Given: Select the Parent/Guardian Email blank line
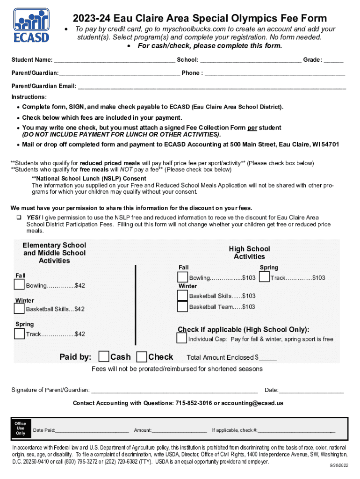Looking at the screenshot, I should (x=211, y=86).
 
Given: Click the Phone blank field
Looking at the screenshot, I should (x=274, y=73).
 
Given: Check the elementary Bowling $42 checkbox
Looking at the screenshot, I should (x=19, y=284).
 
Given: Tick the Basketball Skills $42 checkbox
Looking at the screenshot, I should (x=19, y=308).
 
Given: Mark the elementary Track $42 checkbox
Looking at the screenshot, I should (x=19, y=334).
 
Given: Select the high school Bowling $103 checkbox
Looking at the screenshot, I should (x=182, y=277).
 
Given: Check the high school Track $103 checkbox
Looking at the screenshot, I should (x=264, y=277).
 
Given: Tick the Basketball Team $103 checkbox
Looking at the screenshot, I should (x=182, y=306).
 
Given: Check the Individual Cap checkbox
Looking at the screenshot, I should (x=182, y=338).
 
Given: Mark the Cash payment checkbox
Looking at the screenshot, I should (x=104, y=357).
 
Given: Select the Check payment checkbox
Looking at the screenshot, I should (x=141, y=357).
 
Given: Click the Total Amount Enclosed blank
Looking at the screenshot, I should (x=268, y=358).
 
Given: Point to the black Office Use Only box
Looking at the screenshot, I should (x=21, y=428).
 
